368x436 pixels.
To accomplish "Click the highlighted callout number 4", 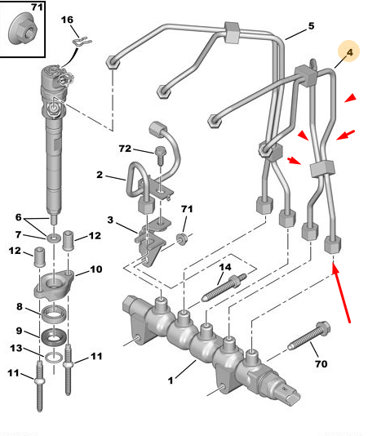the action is pyautogui.click(x=349, y=52).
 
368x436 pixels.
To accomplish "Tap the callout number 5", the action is pyautogui.click(x=311, y=26).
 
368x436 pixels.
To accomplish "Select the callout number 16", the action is pyautogui.click(x=67, y=20).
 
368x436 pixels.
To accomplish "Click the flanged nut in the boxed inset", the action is pyautogui.click(x=23, y=31).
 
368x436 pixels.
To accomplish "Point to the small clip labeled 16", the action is pyautogui.click(x=82, y=42).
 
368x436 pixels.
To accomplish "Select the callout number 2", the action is pyautogui.click(x=100, y=175).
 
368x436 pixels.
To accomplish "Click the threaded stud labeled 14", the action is pyautogui.click(x=224, y=287).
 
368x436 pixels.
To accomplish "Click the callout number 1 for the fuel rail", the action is pyautogui.click(x=171, y=380).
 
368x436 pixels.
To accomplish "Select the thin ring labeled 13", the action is pyautogui.click(x=54, y=358).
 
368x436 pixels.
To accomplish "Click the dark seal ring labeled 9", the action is pyautogui.click(x=54, y=336).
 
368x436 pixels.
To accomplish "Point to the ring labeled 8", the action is pyautogui.click(x=54, y=313).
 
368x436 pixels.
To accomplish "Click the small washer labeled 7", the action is pyautogui.click(x=54, y=238).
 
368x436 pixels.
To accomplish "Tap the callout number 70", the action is pyautogui.click(x=321, y=363).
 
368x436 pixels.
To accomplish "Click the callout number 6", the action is pyautogui.click(x=18, y=217).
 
